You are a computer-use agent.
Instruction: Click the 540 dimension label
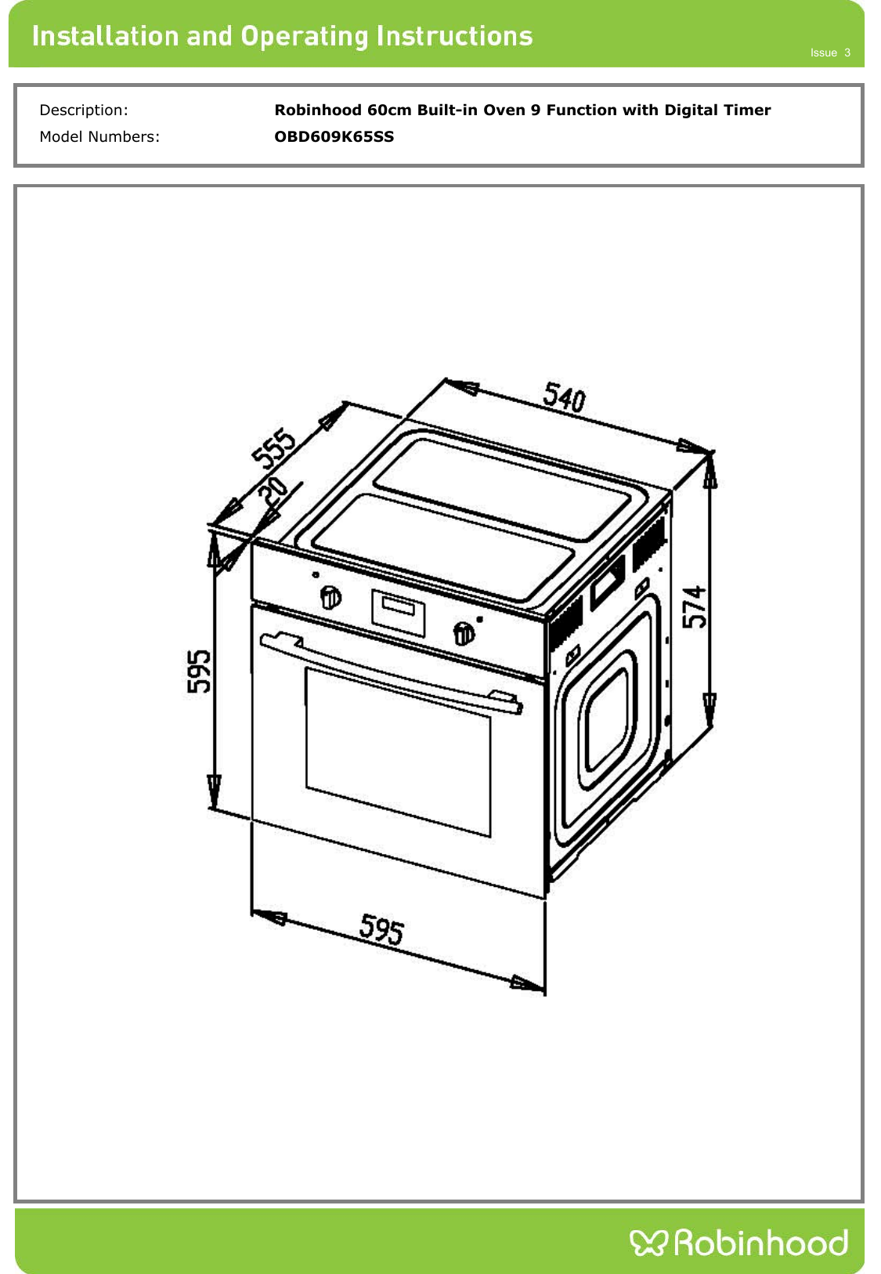click(x=564, y=397)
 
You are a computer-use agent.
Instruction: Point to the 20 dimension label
click(x=272, y=490)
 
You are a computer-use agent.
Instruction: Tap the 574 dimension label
click(x=694, y=607)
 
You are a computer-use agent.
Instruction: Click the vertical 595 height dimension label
click(x=198, y=671)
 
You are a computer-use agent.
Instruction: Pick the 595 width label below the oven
click(x=381, y=928)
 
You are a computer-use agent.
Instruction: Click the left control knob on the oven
click(x=330, y=596)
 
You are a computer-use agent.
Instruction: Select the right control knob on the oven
click(x=464, y=633)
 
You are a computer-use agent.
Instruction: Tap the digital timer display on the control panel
click(x=398, y=613)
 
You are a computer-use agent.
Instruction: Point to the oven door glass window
click(x=398, y=752)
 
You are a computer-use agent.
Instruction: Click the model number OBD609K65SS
click(x=334, y=136)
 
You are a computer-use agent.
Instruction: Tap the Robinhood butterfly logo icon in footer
click(x=648, y=1243)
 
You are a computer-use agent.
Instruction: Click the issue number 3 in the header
click(x=847, y=53)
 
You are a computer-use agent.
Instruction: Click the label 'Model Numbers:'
click(x=99, y=136)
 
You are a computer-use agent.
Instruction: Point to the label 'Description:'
click(x=84, y=110)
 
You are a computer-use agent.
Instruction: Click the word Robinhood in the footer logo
click(x=761, y=1242)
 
